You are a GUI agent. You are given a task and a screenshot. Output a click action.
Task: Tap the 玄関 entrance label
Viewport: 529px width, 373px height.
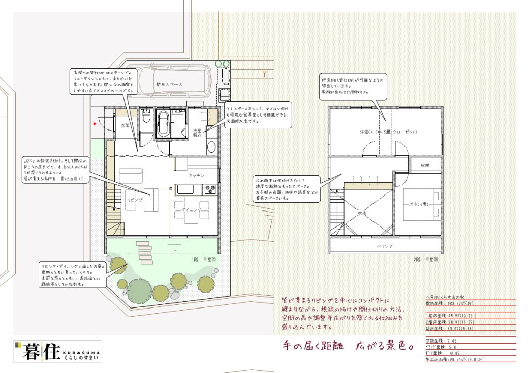[126, 125]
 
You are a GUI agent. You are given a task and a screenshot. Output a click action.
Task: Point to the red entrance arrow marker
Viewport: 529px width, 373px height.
[95, 124]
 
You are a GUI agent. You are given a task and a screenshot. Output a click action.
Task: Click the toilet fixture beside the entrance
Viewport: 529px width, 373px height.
[146, 116]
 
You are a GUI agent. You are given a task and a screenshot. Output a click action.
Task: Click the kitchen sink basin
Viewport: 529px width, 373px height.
[185, 189]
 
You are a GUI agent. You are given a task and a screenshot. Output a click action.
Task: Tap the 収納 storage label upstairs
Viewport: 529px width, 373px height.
[425, 166]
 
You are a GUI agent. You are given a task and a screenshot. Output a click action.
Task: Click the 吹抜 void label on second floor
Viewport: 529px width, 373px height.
[362, 212]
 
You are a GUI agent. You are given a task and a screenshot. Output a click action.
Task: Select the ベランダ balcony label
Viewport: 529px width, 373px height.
[385, 246]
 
